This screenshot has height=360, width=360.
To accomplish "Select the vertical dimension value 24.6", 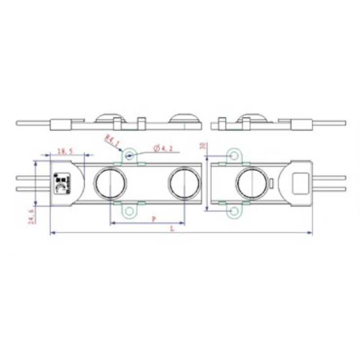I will tap(31, 217).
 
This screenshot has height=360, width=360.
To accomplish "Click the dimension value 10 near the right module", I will tap(202, 146).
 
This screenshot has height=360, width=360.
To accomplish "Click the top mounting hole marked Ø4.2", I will tap(130, 156).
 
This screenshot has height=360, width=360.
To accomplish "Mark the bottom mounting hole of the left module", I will tap(130, 211).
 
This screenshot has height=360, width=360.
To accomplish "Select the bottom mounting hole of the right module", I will tap(234, 211).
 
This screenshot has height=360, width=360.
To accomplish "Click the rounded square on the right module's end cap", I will tap(300, 183).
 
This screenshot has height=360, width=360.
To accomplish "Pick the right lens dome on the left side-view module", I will tap(184, 118).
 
